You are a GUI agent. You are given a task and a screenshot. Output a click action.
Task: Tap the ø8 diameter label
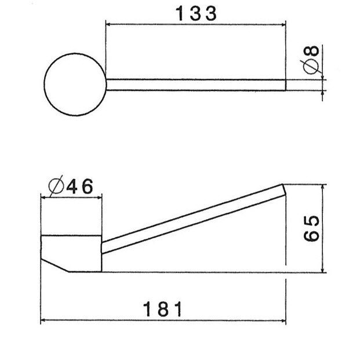[311, 59]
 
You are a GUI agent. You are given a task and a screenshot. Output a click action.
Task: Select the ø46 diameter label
[71, 187]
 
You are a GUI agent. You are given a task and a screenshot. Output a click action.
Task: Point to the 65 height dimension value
[311, 228]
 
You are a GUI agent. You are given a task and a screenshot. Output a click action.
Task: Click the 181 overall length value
[163, 308]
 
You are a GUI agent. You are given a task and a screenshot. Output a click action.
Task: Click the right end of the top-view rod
[285, 85]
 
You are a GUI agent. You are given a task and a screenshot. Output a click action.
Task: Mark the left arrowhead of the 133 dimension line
[109, 24]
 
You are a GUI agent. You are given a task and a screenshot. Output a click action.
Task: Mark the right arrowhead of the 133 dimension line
[282, 24]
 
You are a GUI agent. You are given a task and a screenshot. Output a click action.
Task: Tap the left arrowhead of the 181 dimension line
[43, 321]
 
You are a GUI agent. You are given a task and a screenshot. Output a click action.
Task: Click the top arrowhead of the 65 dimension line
[322, 188]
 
